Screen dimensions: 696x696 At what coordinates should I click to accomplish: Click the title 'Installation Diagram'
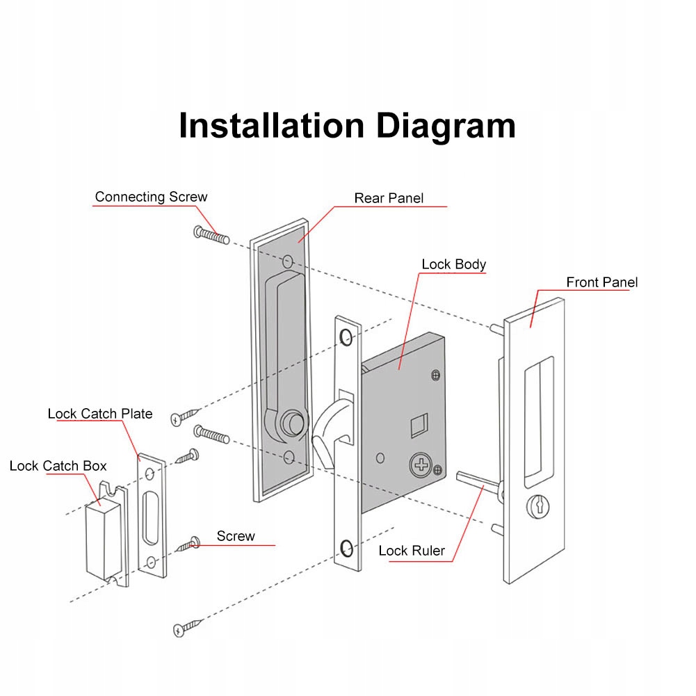[347, 126]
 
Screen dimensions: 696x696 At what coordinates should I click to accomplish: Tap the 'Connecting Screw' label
[151, 197]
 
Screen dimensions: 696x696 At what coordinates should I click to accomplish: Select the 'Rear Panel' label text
[389, 198]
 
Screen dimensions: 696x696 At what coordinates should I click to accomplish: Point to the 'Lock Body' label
[453, 264]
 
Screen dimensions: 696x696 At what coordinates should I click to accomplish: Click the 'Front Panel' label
[601, 282]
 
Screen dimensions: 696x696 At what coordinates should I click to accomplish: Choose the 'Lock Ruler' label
[412, 551]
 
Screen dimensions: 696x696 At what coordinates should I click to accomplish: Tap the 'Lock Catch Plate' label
[99, 414]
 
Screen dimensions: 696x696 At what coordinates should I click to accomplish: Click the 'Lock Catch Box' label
[58, 466]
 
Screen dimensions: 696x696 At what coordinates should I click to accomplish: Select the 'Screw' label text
[236, 536]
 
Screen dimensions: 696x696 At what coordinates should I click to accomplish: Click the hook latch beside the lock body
[329, 429]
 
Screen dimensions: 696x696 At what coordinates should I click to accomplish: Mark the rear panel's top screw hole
[289, 262]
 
